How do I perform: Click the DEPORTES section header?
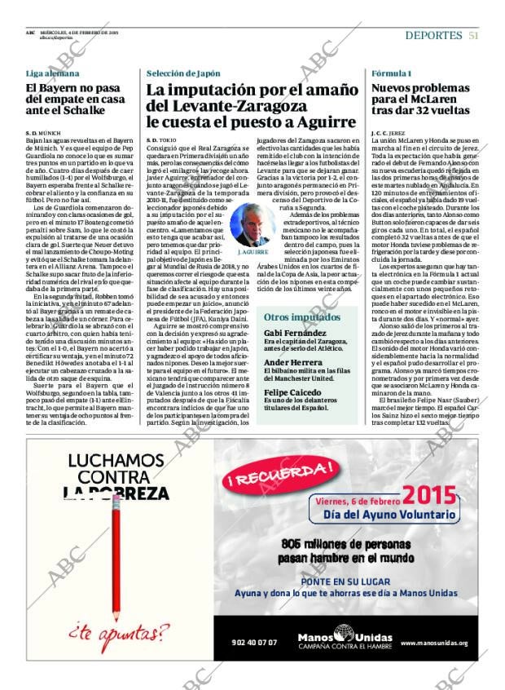(434, 36)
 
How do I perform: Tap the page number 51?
(473, 36)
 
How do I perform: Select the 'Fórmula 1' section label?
(392, 73)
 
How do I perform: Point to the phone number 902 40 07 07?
(254, 642)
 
